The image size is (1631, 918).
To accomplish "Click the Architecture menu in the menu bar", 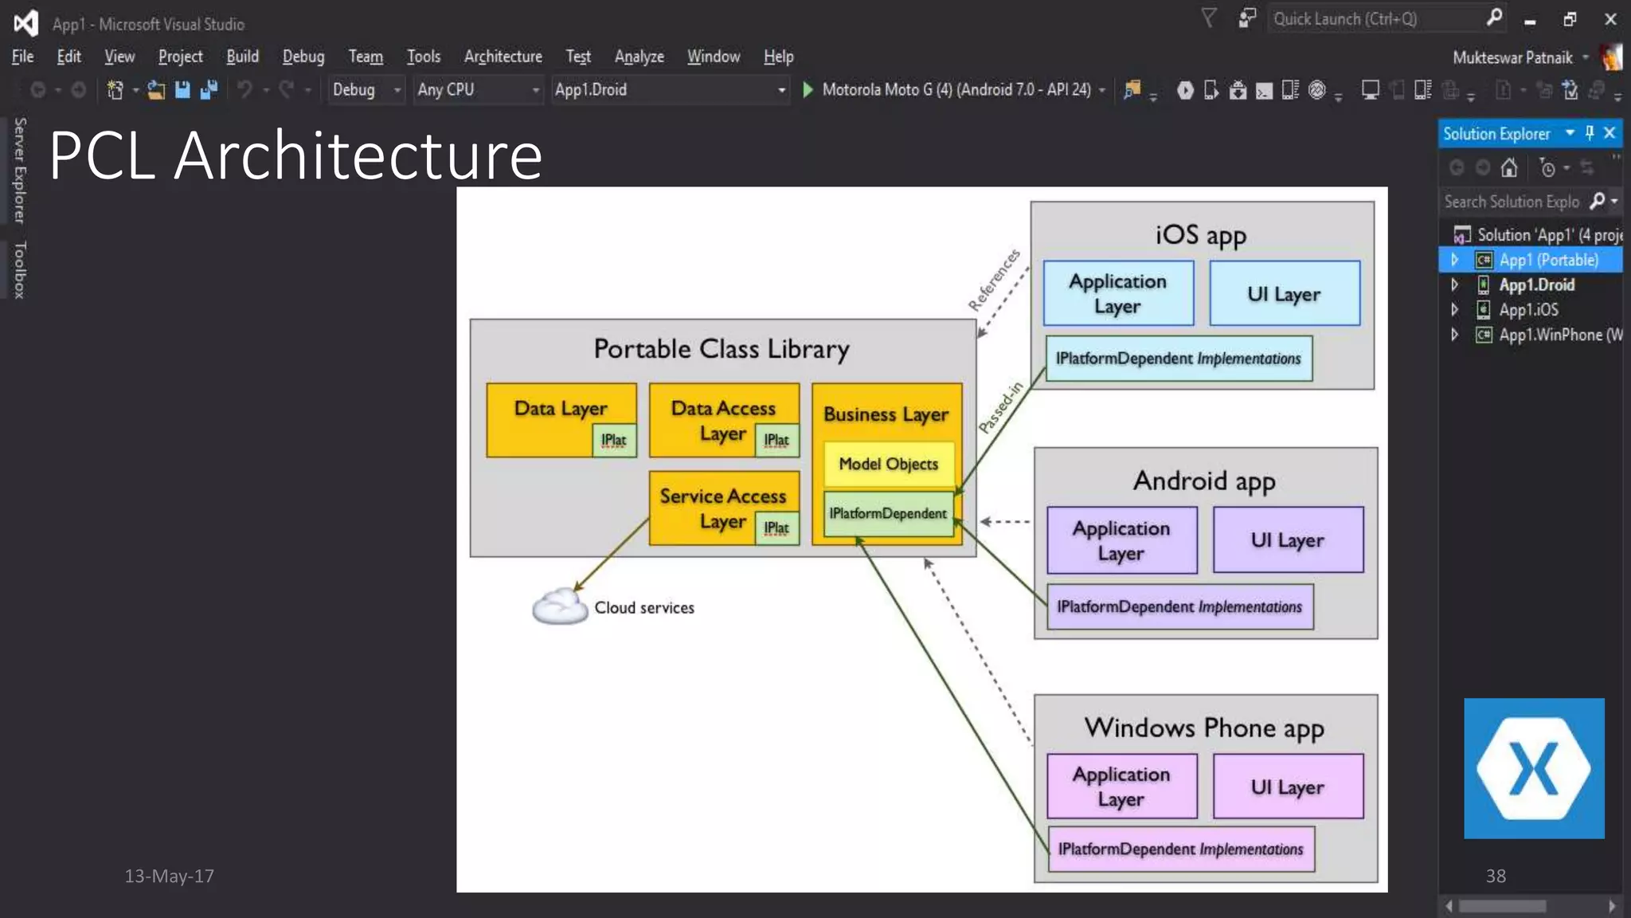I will point(503,57).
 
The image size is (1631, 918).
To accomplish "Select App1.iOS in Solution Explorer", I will point(1527,310).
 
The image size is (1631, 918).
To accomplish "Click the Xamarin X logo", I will point(1533,768).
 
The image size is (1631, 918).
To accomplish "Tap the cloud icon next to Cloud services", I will point(560,607).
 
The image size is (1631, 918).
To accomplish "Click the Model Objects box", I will point(888,464).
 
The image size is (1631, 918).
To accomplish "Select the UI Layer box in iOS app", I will point(1284,293).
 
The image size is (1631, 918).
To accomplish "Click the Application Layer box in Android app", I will point(1121,540).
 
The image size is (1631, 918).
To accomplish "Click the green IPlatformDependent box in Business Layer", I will point(887,514).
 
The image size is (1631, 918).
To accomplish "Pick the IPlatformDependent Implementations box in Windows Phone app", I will point(1180,849).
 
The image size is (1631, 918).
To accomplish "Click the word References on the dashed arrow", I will point(993,280).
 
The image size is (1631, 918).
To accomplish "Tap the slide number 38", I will point(1495,877).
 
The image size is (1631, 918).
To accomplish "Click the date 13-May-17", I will point(169,877).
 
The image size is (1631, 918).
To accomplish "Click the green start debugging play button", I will point(808,90).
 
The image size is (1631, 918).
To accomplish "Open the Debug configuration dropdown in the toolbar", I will point(366,90).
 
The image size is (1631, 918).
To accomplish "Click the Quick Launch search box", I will point(1374,19).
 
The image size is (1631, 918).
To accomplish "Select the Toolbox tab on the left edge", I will point(20,269).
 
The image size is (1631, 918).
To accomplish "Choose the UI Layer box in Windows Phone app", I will point(1287,787).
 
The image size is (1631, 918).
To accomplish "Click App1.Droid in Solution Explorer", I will point(1535,285).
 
